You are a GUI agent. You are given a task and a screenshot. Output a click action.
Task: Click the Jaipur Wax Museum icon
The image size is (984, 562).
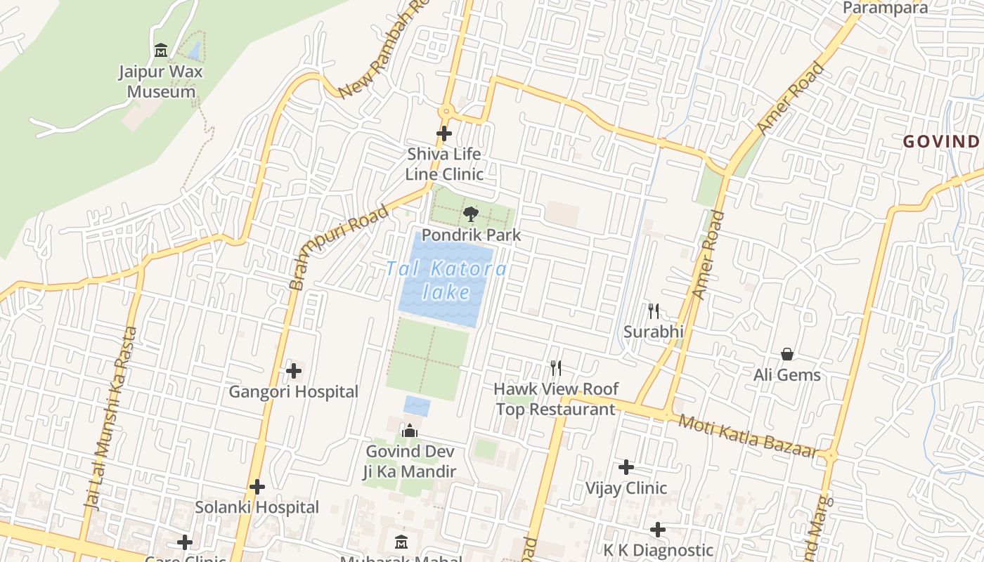pos(161,51)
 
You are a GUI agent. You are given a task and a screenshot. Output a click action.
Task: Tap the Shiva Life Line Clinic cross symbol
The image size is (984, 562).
pos(444,133)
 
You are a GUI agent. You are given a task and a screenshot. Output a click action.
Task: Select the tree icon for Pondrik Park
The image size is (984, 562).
pos(471,214)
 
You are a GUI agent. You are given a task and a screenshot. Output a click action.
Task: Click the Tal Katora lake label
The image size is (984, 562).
pos(446,280)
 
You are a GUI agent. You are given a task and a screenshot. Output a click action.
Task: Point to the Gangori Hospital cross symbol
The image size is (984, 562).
pos(294,370)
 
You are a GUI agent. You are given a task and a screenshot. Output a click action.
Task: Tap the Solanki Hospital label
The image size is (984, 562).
pos(257,507)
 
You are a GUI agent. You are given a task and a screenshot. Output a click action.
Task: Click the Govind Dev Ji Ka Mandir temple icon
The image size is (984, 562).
pos(410,431)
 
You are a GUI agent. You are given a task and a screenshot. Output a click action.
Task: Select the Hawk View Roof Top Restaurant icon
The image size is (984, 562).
pos(556,367)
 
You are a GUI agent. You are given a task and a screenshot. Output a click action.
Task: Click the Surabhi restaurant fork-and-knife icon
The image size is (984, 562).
pos(654,311)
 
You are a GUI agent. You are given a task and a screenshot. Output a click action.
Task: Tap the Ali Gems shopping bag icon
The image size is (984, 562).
pos(787,354)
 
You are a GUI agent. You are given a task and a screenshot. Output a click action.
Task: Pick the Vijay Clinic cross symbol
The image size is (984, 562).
pos(626,467)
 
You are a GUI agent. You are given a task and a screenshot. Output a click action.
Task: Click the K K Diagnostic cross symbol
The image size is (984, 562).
pos(658,529)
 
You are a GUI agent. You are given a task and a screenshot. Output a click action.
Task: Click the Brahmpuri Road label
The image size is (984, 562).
pos(339,247)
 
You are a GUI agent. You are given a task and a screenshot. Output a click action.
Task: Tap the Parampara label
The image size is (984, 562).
pos(885,8)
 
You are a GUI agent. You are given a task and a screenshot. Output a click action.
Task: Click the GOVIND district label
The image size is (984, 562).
pos(942,141)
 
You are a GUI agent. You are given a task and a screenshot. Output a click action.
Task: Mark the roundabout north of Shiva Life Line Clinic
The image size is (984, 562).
pos(445,111)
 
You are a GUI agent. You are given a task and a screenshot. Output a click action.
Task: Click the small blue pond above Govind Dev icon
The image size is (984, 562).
pos(417,405)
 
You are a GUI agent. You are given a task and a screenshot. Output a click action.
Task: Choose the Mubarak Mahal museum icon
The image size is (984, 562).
pos(401,542)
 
